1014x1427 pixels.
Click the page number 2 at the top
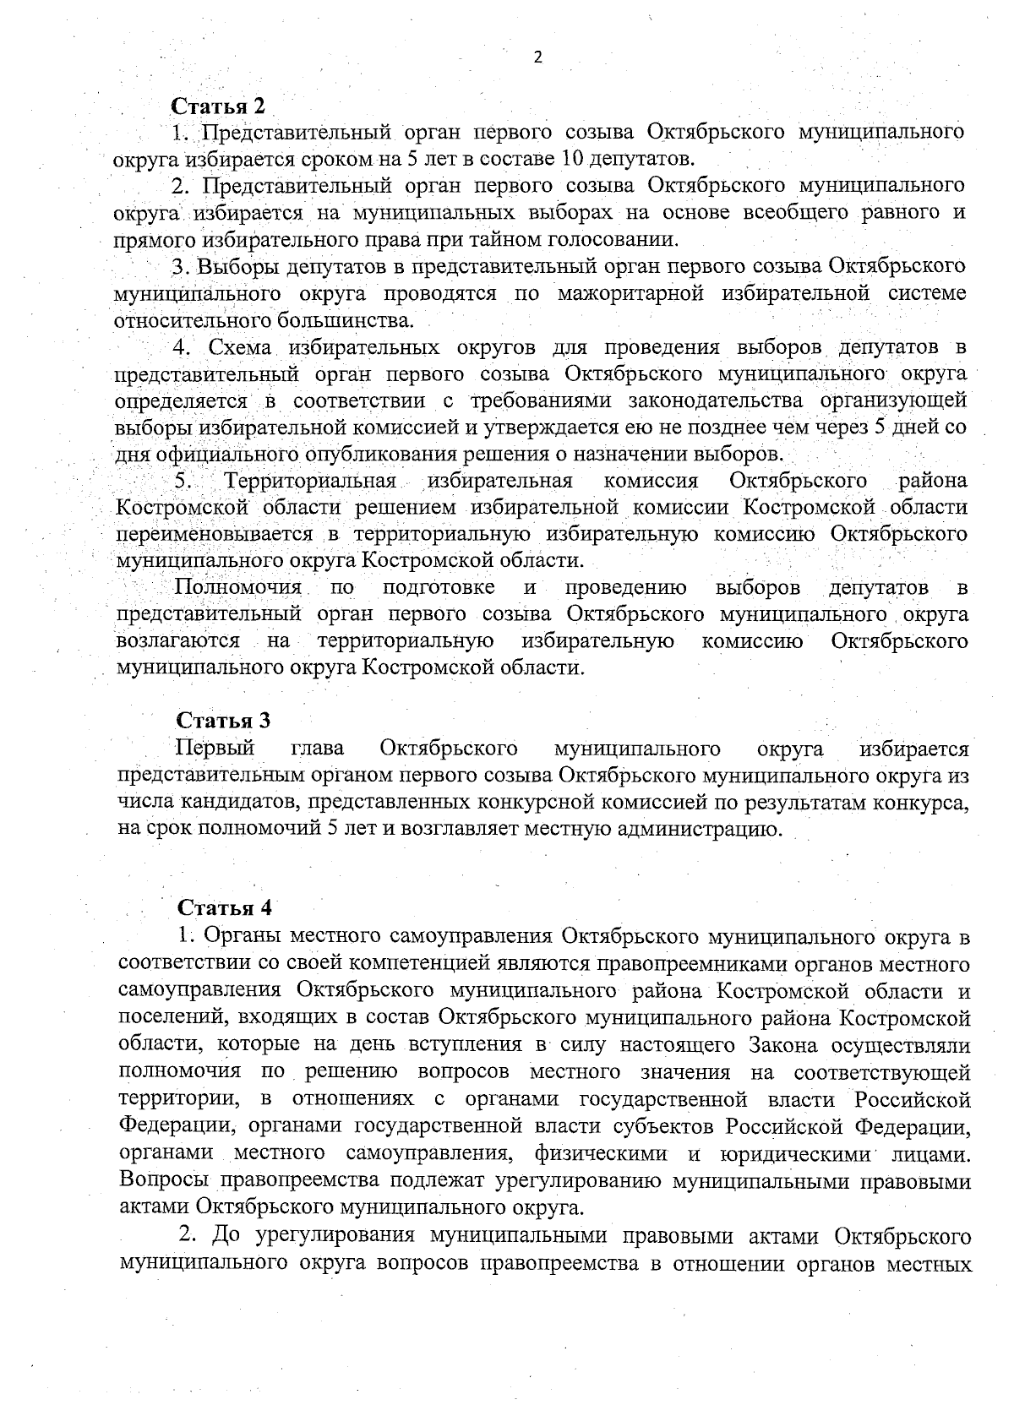point(537,57)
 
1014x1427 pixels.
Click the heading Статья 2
point(218,106)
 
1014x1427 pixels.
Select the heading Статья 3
point(223,721)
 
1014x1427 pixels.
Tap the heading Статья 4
point(225,908)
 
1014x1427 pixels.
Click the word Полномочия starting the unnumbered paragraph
point(237,587)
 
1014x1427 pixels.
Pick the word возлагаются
point(177,640)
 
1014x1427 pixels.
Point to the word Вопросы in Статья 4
point(165,1180)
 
